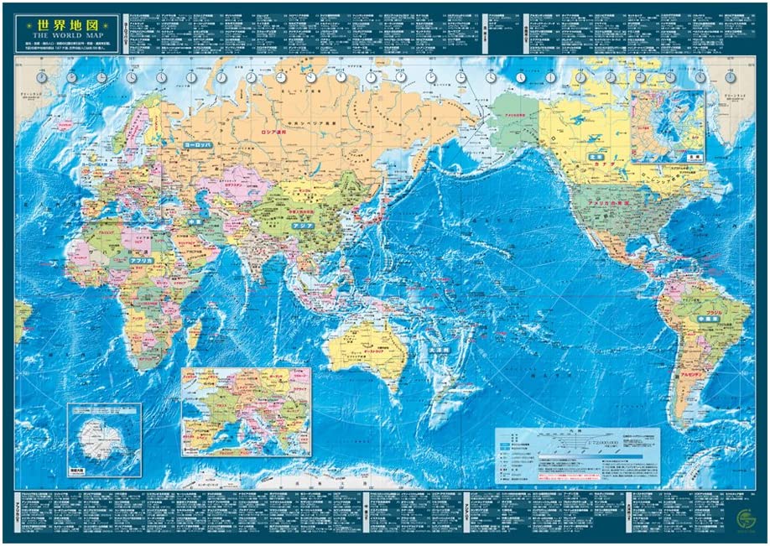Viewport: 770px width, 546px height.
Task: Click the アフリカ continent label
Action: pyautogui.click(x=141, y=262)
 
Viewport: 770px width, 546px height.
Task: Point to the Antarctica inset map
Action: pyautogui.click(x=104, y=439)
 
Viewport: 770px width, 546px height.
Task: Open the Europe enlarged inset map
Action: pyautogui.click(x=246, y=411)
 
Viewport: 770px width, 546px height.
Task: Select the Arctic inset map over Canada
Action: pyautogui.click(x=668, y=126)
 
